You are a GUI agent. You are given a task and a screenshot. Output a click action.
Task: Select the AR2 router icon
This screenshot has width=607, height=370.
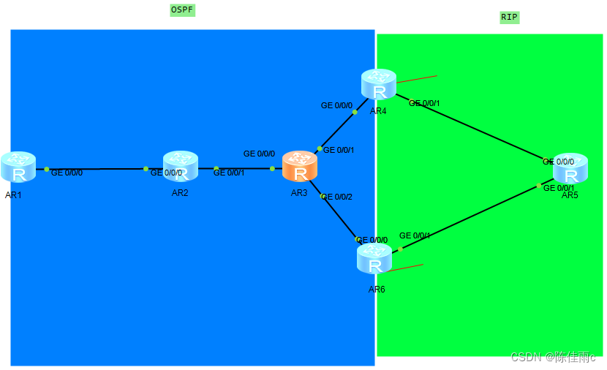coord(181,167)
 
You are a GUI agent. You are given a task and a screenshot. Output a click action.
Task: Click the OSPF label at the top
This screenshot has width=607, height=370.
coord(182,10)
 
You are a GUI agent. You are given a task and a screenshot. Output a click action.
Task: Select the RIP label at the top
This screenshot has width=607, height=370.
coord(510,17)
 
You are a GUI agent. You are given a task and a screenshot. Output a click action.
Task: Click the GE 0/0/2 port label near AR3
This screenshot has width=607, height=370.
coord(337,197)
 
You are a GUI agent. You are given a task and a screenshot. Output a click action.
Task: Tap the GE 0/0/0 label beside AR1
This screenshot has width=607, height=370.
coord(67,173)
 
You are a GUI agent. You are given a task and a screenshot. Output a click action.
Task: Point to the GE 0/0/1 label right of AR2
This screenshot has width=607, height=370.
coord(229,173)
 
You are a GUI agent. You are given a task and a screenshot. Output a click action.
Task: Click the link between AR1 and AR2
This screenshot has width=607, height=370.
coord(96,169)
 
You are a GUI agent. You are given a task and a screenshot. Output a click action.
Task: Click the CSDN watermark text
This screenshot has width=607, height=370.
coord(553,357)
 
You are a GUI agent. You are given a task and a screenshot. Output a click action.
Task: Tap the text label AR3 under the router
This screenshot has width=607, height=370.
coord(299,193)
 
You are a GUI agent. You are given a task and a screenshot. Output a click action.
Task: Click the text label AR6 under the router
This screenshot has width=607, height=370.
coord(377,290)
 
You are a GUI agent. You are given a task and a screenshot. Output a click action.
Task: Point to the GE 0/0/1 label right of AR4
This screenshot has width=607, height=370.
coord(424,103)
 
